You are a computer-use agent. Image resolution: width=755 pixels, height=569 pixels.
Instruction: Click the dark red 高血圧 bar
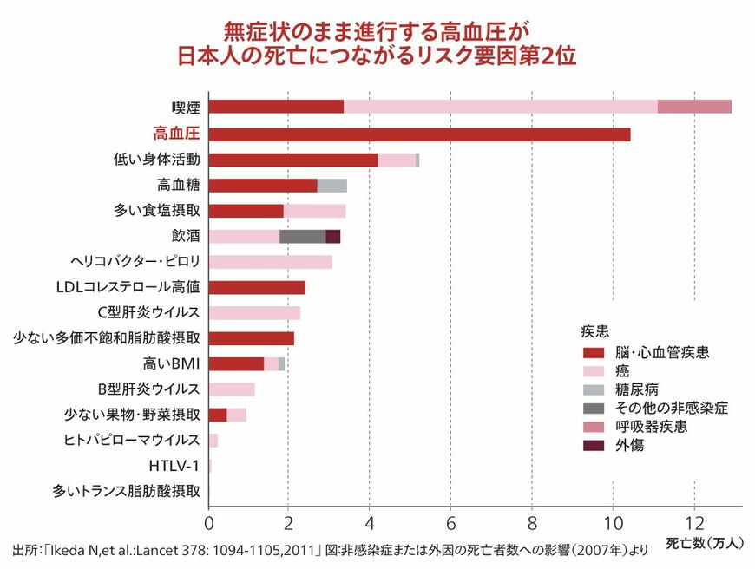419,134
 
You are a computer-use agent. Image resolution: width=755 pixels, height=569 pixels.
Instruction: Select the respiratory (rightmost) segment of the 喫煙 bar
694,107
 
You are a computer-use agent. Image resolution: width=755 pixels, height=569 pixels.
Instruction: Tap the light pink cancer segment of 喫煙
500,107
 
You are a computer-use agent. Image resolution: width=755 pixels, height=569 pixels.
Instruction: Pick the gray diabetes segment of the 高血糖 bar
332,186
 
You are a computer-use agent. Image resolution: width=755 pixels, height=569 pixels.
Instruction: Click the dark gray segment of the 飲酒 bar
302,237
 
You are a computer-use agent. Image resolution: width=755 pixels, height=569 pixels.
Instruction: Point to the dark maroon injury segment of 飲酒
332,237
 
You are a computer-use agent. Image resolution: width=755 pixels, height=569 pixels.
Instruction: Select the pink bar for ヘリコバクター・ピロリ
270,262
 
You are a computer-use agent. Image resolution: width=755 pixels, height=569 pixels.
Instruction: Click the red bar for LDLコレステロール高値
257,288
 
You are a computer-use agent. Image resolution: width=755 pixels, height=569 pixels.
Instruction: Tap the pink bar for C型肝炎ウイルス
254,313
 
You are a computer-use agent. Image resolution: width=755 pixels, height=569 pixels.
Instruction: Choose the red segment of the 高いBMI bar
236,364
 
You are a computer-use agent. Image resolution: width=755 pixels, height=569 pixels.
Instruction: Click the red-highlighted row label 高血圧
176,134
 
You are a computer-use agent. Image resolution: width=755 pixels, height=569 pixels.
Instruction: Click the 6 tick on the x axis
450,524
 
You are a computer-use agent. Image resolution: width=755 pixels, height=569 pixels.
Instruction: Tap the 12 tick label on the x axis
693,524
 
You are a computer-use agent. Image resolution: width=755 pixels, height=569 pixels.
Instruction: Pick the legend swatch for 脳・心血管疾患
594,353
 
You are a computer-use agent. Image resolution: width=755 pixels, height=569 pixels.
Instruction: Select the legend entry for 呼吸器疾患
652,428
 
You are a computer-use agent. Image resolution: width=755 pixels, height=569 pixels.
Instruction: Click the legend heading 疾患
594,331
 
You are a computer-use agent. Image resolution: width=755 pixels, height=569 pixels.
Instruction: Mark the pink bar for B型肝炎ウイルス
232,389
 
